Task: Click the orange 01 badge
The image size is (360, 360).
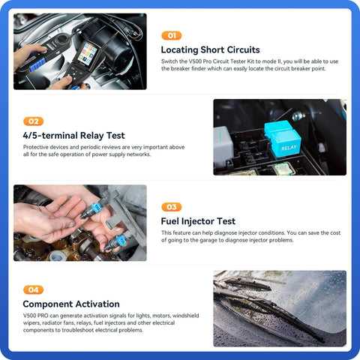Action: [172, 35]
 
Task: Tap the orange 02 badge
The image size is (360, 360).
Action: [34, 121]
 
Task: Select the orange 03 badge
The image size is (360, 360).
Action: [172, 206]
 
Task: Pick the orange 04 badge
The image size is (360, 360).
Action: [34, 289]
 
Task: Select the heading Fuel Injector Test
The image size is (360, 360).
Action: [199, 221]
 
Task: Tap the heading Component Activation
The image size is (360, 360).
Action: [71, 304]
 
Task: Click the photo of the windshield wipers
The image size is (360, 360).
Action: [279, 308]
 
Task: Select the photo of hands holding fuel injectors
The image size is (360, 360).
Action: [79, 223]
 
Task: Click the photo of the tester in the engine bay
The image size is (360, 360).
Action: [79, 52]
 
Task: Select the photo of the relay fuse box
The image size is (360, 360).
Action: [279, 137]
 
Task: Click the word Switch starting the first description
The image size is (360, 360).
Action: [170, 61]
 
